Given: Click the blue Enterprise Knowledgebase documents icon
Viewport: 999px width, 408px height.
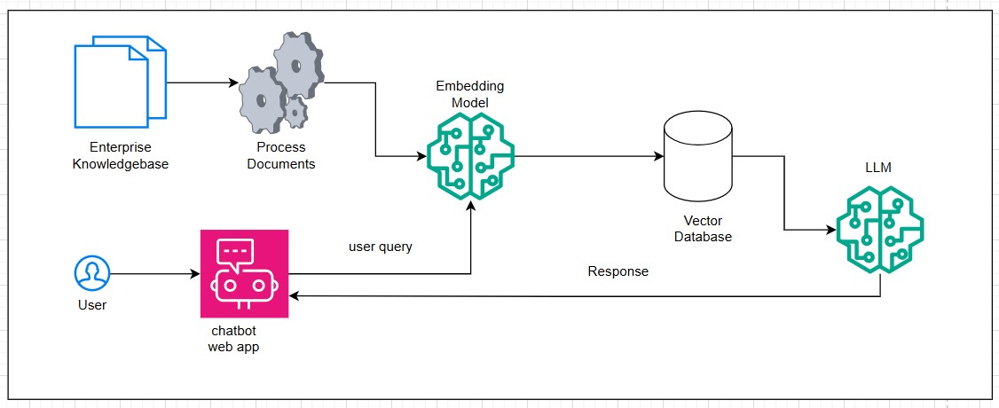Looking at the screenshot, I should [x=120, y=82].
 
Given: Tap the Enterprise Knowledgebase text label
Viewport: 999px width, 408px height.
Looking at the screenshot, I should [x=120, y=155].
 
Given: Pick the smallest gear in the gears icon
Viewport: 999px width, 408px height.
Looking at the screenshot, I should [x=295, y=111].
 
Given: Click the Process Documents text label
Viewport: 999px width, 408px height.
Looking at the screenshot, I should [x=281, y=155].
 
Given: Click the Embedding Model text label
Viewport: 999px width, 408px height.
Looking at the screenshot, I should [x=469, y=95].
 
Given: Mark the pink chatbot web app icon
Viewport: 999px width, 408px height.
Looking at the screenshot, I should [x=244, y=273].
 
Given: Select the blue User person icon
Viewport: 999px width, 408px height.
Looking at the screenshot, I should [x=91, y=272].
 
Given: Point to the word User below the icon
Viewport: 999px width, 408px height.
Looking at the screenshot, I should [x=91, y=305].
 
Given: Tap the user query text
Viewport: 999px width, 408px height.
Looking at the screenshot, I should [x=380, y=247].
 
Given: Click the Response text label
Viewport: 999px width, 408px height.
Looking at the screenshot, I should [x=618, y=271].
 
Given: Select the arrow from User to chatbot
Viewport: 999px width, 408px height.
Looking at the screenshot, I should [x=155, y=272].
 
